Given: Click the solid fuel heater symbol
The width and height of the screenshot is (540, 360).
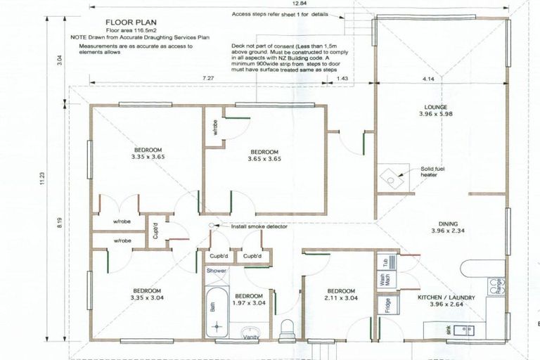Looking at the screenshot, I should [x=389, y=177].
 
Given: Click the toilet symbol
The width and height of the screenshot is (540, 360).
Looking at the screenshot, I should [x=287, y=329].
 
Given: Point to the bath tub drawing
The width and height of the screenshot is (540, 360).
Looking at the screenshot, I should [x=217, y=314].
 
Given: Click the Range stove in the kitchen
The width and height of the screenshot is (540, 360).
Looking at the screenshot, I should [x=497, y=285].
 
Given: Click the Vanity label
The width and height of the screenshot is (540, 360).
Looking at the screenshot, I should [x=250, y=337].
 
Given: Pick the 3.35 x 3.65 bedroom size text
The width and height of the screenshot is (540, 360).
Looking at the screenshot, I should [x=147, y=157].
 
